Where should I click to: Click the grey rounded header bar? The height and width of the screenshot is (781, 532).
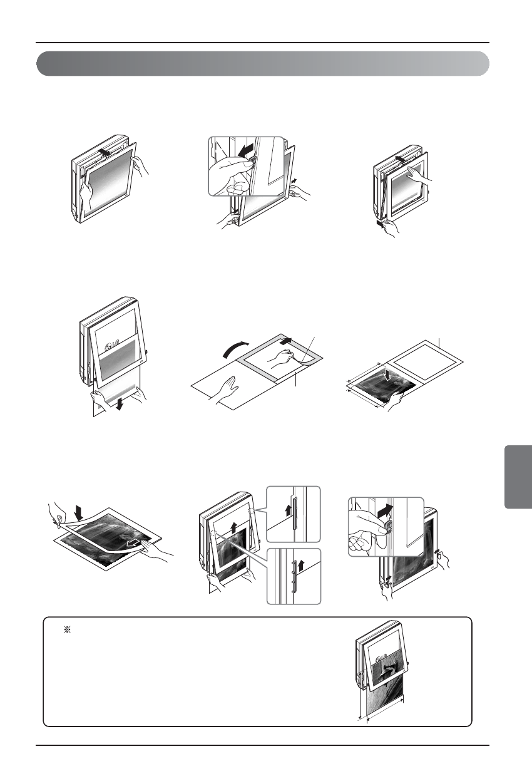click(x=263, y=63)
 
